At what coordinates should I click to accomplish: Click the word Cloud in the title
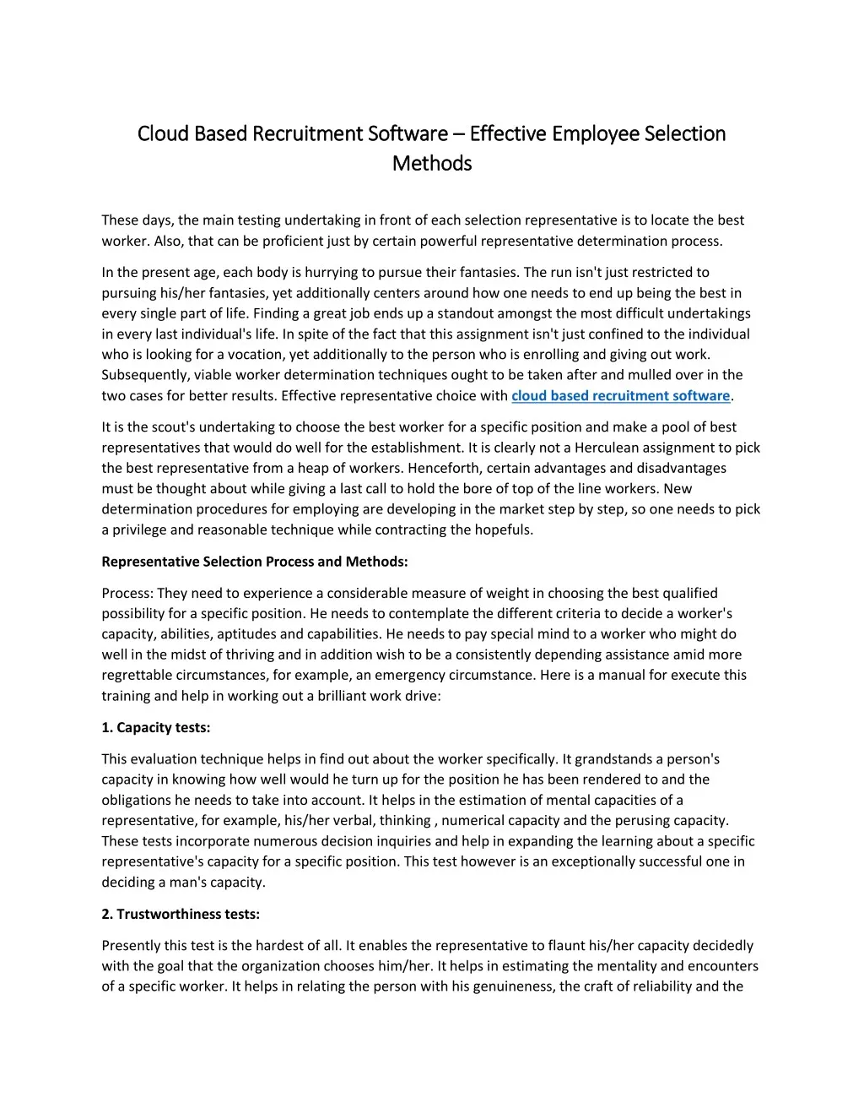163,133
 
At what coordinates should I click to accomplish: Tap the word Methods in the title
432,163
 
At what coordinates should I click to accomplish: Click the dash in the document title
458,134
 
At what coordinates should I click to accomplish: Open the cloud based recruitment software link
620,395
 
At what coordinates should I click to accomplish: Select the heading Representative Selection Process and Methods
255,562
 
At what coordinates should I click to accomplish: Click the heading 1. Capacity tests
156,727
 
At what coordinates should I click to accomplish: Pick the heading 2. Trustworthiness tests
181,914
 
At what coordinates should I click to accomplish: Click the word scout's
173,427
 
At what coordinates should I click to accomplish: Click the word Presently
133,946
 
